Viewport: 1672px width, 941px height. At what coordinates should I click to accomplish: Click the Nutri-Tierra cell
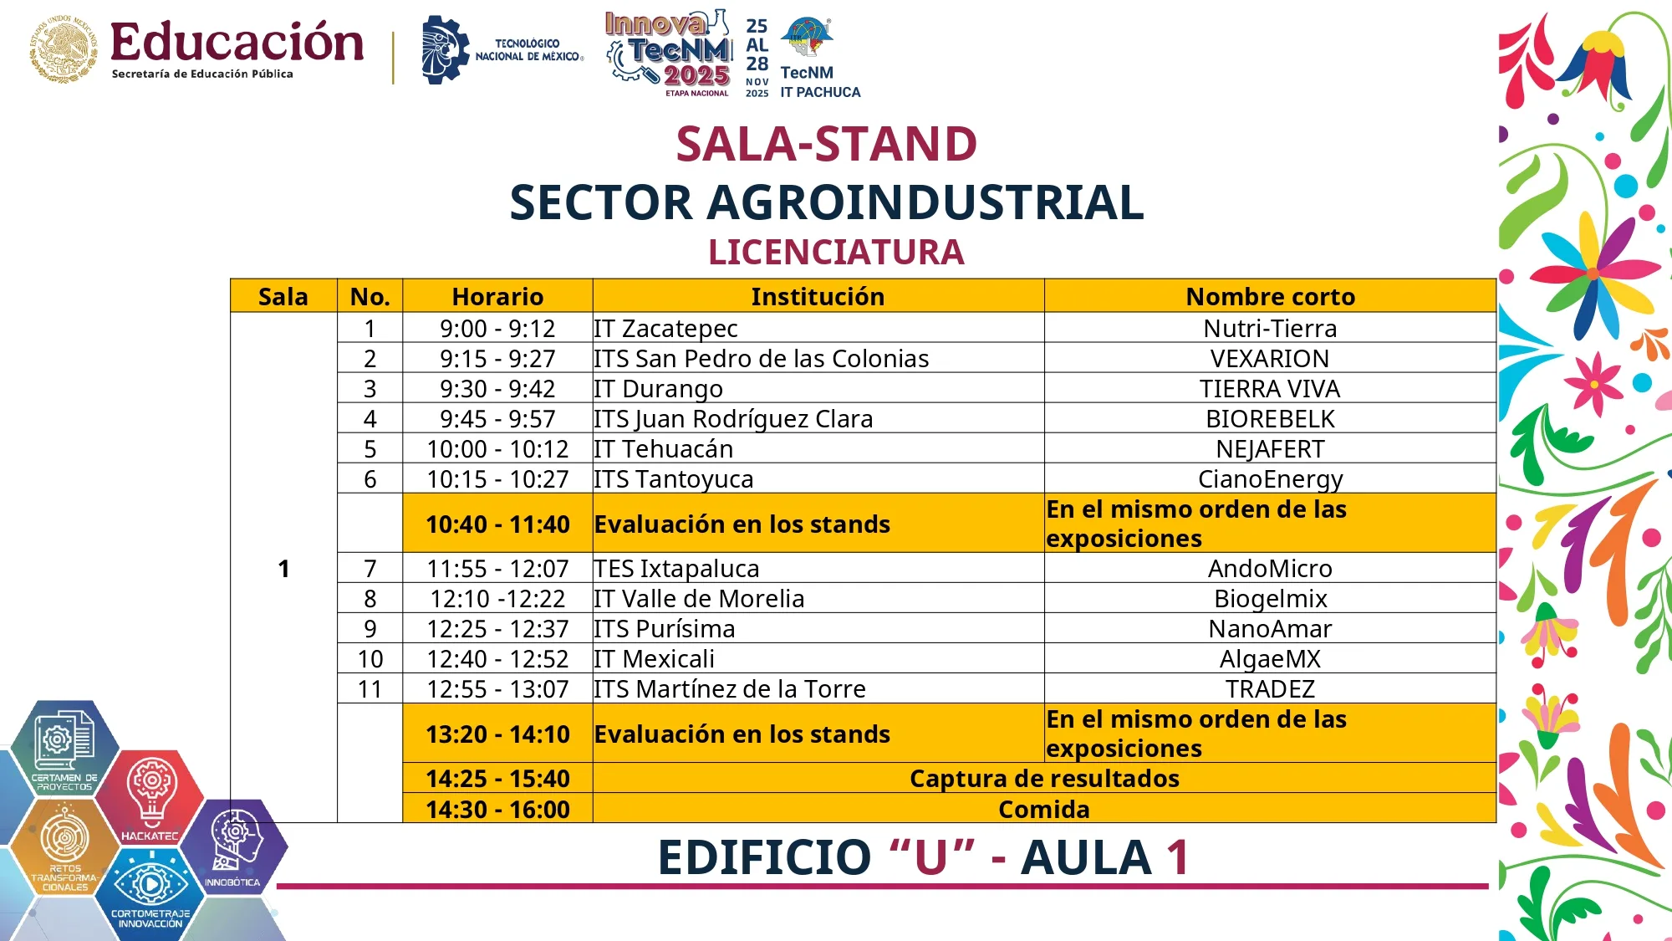(x=1269, y=328)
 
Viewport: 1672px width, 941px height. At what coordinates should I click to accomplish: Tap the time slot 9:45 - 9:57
(x=497, y=419)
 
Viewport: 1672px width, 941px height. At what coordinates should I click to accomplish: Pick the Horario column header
(x=497, y=296)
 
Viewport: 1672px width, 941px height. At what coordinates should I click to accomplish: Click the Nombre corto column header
(x=1270, y=296)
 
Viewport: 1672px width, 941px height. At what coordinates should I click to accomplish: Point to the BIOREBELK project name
(x=1269, y=419)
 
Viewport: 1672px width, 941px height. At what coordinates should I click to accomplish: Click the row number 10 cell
(x=370, y=659)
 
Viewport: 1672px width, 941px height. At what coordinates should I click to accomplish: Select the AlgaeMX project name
(x=1269, y=659)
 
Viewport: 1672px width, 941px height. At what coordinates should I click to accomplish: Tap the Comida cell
(x=1043, y=810)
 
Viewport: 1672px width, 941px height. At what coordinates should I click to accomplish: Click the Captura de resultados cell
(x=1043, y=779)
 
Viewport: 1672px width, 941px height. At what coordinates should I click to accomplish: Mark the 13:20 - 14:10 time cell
(x=497, y=734)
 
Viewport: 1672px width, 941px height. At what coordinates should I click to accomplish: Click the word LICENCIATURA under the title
(x=836, y=252)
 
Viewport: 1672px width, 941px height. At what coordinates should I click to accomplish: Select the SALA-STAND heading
(x=826, y=144)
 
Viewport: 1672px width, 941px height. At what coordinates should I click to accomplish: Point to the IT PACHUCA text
(x=820, y=92)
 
